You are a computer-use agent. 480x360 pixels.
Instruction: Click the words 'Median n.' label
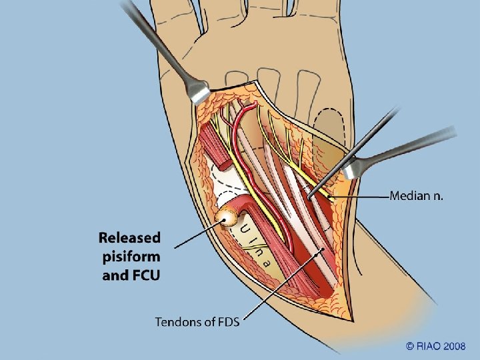(x=416, y=196)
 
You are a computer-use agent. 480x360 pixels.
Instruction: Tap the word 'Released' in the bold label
(x=130, y=237)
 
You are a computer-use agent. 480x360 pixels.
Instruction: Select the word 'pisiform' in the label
(x=130, y=256)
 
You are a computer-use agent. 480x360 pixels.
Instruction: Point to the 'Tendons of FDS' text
(x=197, y=322)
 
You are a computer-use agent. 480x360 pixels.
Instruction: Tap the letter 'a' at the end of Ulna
(x=267, y=262)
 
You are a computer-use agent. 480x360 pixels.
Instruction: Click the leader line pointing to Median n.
(x=360, y=197)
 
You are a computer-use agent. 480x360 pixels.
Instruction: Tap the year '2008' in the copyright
(x=454, y=345)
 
